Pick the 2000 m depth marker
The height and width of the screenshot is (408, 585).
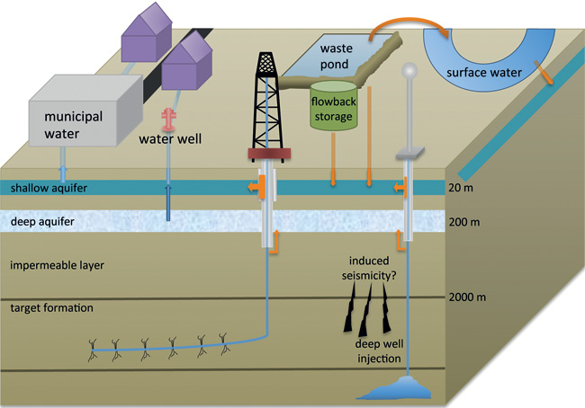point(469,297)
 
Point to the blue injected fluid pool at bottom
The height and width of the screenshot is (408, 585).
point(409,387)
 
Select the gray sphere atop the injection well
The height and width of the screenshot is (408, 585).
point(410,70)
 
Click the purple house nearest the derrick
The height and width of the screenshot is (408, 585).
point(188,65)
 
